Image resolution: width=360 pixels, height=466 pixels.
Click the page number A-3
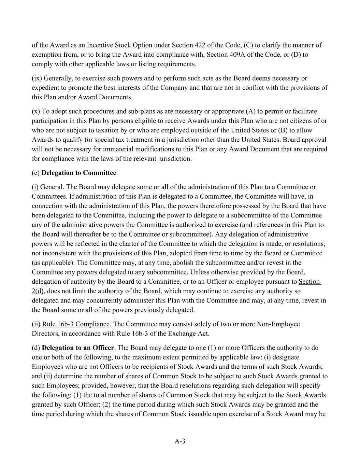pos(180,441)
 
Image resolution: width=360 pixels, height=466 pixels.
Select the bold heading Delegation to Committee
pos(79,173)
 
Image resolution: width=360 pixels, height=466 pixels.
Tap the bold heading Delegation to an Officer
pos(78,348)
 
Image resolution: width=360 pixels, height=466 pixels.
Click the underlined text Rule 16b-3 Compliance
pos(76,324)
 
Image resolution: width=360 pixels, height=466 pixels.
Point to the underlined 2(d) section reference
pos(39,291)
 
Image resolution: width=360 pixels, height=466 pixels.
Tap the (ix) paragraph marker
pos(37,78)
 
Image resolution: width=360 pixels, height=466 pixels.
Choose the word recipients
pos(159,367)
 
